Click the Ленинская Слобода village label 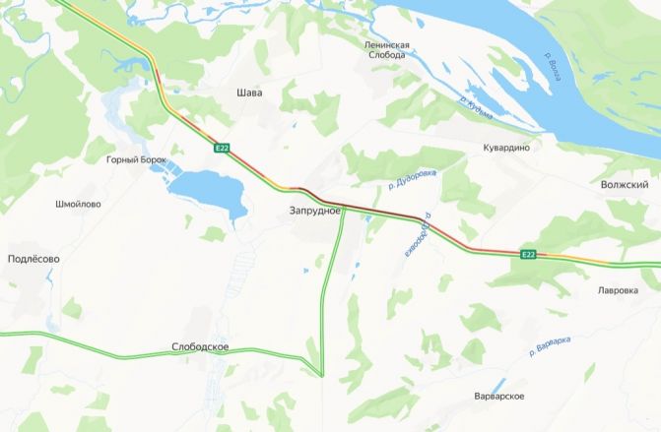(385, 50)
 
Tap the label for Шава (249, 93)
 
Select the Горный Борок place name (136, 159)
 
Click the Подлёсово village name (33, 259)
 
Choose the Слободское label (200, 347)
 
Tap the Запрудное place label (314, 211)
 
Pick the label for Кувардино (506, 147)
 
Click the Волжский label (624, 184)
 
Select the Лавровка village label (618, 291)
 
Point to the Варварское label (498, 396)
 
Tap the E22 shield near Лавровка (529, 255)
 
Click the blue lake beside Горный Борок (210, 191)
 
